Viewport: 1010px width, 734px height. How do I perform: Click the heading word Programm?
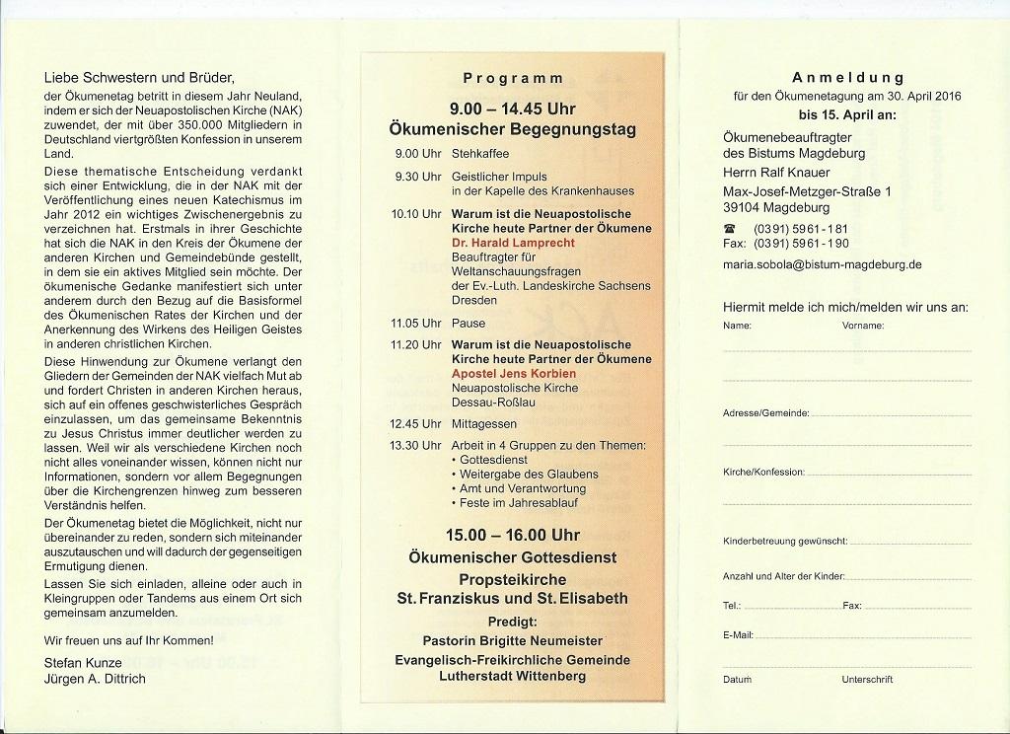point(513,78)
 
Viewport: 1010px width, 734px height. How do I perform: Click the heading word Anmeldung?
point(847,77)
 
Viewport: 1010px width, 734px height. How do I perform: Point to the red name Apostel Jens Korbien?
point(513,374)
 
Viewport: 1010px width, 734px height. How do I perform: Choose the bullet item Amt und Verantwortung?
point(522,488)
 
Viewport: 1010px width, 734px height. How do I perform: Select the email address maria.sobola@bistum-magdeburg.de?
point(822,264)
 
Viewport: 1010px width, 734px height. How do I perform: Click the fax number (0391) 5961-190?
point(801,243)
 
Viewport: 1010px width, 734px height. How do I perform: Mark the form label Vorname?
point(862,325)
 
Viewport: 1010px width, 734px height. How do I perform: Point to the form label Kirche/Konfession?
point(763,473)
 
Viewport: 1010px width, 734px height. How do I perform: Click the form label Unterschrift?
point(867,680)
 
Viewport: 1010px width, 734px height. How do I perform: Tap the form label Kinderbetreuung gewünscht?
point(785,541)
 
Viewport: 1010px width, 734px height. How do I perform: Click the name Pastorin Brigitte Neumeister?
point(513,640)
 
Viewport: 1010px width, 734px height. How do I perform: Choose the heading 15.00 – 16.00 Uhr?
point(513,536)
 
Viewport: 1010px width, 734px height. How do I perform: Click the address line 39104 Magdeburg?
point(776,207)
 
